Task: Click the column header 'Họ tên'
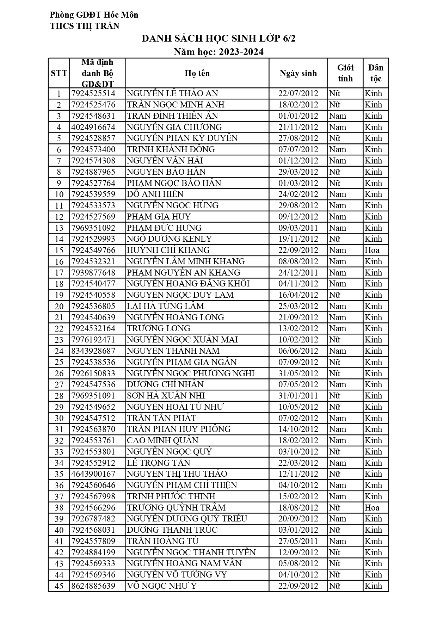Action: click(x=197, y=73)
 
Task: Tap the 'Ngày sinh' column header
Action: click(x=298, y=73)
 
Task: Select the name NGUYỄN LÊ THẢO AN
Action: click(x=172, y=93)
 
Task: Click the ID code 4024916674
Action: click(x=93, y=127)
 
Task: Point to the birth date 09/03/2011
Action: click(x=298, y=228)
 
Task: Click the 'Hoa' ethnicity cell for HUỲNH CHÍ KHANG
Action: click(x=372, y=250)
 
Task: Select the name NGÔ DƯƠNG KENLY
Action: click(x=169, y=239)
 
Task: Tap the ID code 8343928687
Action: click(x=93, y=351)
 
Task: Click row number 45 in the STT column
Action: click(x=59, y=586)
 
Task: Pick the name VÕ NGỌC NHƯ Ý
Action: click(x=162, y=586)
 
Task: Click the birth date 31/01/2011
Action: click(x=298, y=396)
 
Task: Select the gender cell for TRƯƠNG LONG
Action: click(x=338, y=328)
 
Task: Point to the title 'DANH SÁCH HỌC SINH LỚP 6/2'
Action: click(x=218, y=38)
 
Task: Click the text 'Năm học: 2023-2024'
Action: click(x=218, y=52)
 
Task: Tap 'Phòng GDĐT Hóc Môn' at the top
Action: click(x=94, y=15)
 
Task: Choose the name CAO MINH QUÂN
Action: click(x=162, y=440)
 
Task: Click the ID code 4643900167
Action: click(x=93, y=474)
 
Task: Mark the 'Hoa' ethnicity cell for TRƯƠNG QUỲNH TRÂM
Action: click(x=372, y=508)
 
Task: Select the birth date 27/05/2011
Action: click(x=298, y=541)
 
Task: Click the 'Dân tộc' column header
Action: click(x=376, y=73)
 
